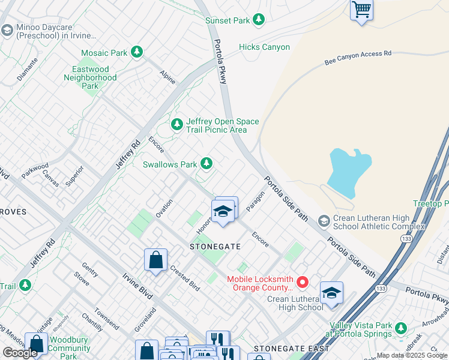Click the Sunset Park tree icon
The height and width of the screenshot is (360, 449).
click(259, 20)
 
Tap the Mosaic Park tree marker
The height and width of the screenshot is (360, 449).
click(137, 53)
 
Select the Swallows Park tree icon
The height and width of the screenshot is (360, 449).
click(206, 163)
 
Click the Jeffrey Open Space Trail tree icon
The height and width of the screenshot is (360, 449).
click(176, 125)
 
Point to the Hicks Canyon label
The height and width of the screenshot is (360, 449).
click(264, 47)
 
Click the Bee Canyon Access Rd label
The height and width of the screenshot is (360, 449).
click(358, 58)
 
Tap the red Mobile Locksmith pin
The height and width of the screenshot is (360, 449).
click(303, 281)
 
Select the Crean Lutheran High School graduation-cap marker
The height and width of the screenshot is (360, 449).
click(331, 293)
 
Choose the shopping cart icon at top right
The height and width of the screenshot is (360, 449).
click(361, 10)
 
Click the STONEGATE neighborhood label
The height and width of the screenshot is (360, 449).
click(215, 247)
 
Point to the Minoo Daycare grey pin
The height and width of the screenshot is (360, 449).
click(7, 30)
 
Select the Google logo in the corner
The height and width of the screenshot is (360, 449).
click(20, 353)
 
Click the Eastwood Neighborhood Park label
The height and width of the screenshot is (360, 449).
click(90, 77)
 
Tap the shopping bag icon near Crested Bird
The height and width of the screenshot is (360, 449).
click(155, 260)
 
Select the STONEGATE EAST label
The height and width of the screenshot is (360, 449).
click(291, 349)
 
